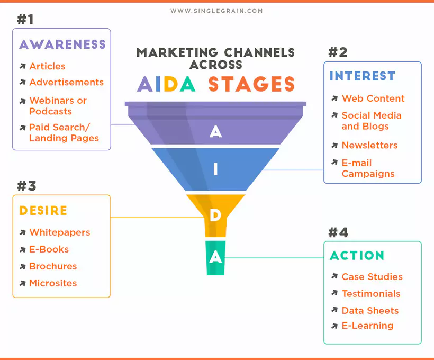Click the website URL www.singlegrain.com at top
pyautogui.click(x=216, y=11)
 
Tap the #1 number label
pyautogui.click(x=25, y=20)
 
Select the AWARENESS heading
pyautogui.click(x=62, y=44)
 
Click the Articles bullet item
pyautogui.click(x=47, y=66)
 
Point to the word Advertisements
pyautogui.click(x=66, y=82)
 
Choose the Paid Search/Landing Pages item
pyautogui.click(x=64, y=133)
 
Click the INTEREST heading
pyautogui.click(x=362, y=76)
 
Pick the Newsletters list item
pyautogui.click(x=369, y=145)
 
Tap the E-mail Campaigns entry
pyautogui.click(x=368, y=168)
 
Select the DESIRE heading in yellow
pyautogui.click(x=43, y=211)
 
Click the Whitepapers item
pyautogui.click(x=59, y=232)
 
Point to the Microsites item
pyautogui.click(x=53, y=283)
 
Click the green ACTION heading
pyautogui.click(x=357, y=256)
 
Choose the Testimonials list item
pyautogui.click(x=371, y=294)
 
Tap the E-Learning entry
pyautogui.click(x=367, y=326)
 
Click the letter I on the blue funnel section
pyautogui.click(x=215, y=169)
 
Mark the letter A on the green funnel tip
pyautogui.click(x=215, y=257)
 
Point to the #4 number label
pyautogui.click(x=338, y=232)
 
